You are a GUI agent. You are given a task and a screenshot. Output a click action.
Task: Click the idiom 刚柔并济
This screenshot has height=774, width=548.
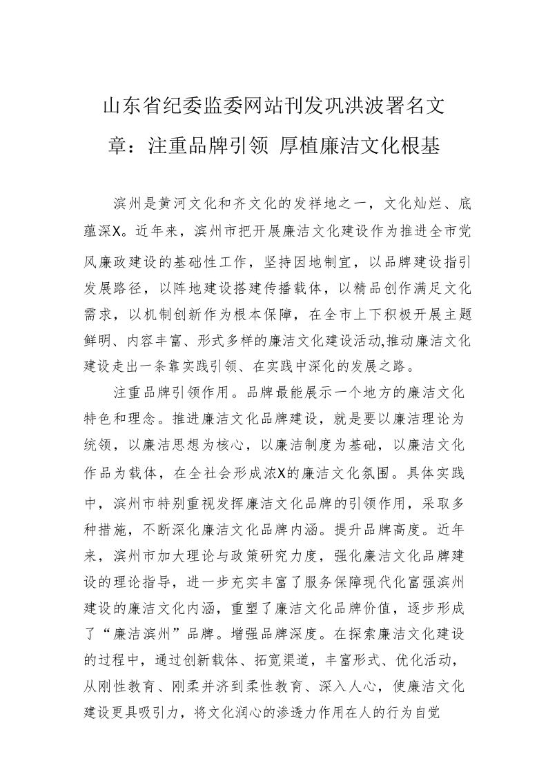click(x=218, y=668)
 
